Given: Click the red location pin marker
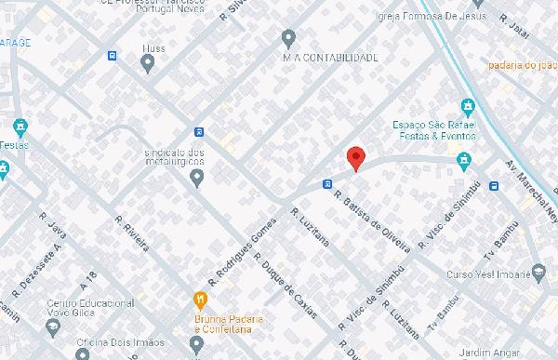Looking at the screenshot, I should coord(355,159).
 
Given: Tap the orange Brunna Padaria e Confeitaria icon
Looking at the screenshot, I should coord(198,299).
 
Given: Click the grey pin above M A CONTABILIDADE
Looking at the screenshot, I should coord(288,38).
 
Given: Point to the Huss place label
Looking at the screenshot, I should coord(153,47).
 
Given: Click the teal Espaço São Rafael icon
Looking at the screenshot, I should coord(467,106).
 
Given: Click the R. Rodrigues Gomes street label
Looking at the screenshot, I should coord(241,248).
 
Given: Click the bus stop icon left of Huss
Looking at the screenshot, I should coord(113,55).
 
